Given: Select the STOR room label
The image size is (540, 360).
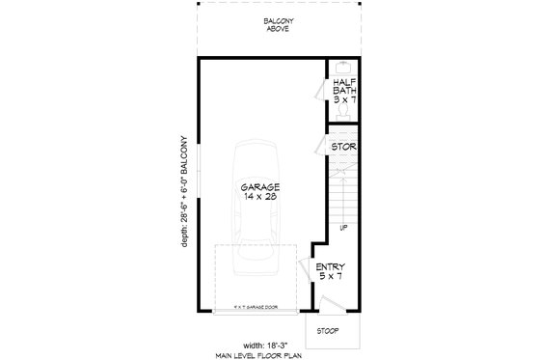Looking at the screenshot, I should (345, 148).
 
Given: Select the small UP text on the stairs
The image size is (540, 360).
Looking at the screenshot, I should (342, 229).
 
